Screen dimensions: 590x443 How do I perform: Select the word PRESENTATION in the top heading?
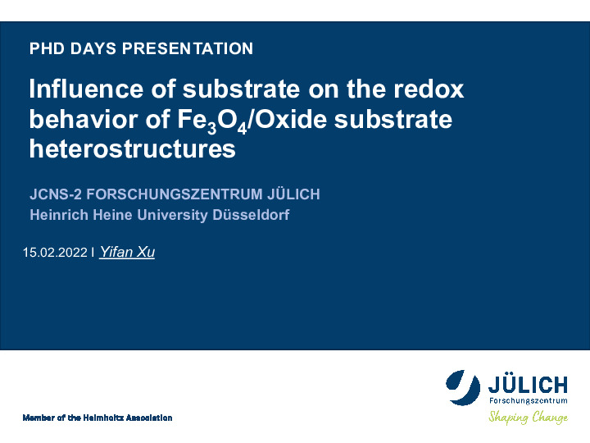coord(188,48)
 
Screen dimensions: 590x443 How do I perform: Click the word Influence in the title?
coord(86,89)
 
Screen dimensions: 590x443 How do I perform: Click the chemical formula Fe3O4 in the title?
coord(212,121)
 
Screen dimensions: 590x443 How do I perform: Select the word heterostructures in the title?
coord(133,149)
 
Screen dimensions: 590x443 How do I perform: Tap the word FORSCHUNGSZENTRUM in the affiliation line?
coord(175,194)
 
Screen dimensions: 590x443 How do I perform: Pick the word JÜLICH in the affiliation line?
coord(293,194)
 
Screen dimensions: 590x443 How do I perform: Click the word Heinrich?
coord(59,215)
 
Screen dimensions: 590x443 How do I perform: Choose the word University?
coord(172,216)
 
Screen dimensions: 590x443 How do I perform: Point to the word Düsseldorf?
coord(251,215)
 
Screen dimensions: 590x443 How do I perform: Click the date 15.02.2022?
coord(55,252)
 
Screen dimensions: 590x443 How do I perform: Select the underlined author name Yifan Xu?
coord(127,252)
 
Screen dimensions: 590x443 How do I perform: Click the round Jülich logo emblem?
coord(463,387)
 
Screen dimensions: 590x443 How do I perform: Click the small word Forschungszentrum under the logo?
coord(529,400)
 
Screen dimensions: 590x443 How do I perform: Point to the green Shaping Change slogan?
coord(529,418)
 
